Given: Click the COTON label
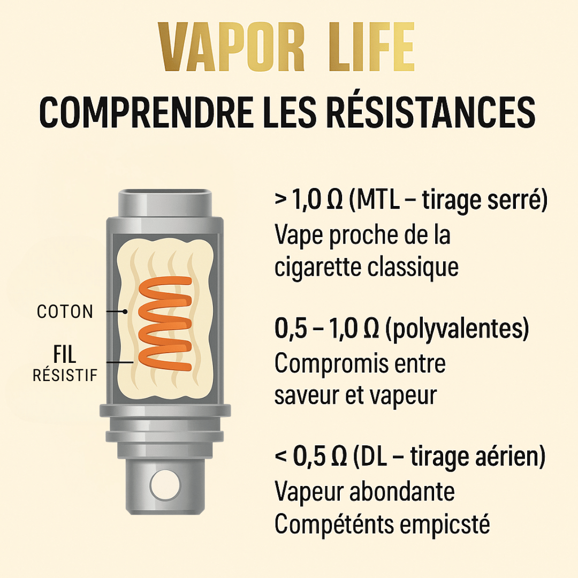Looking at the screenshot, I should pyautogui.click(x=65, y=312).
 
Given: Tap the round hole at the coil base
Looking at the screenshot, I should pyautogui.click(x=162, y=485).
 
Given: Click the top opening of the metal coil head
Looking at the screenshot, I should pyautogui.click(x=164, y=194).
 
